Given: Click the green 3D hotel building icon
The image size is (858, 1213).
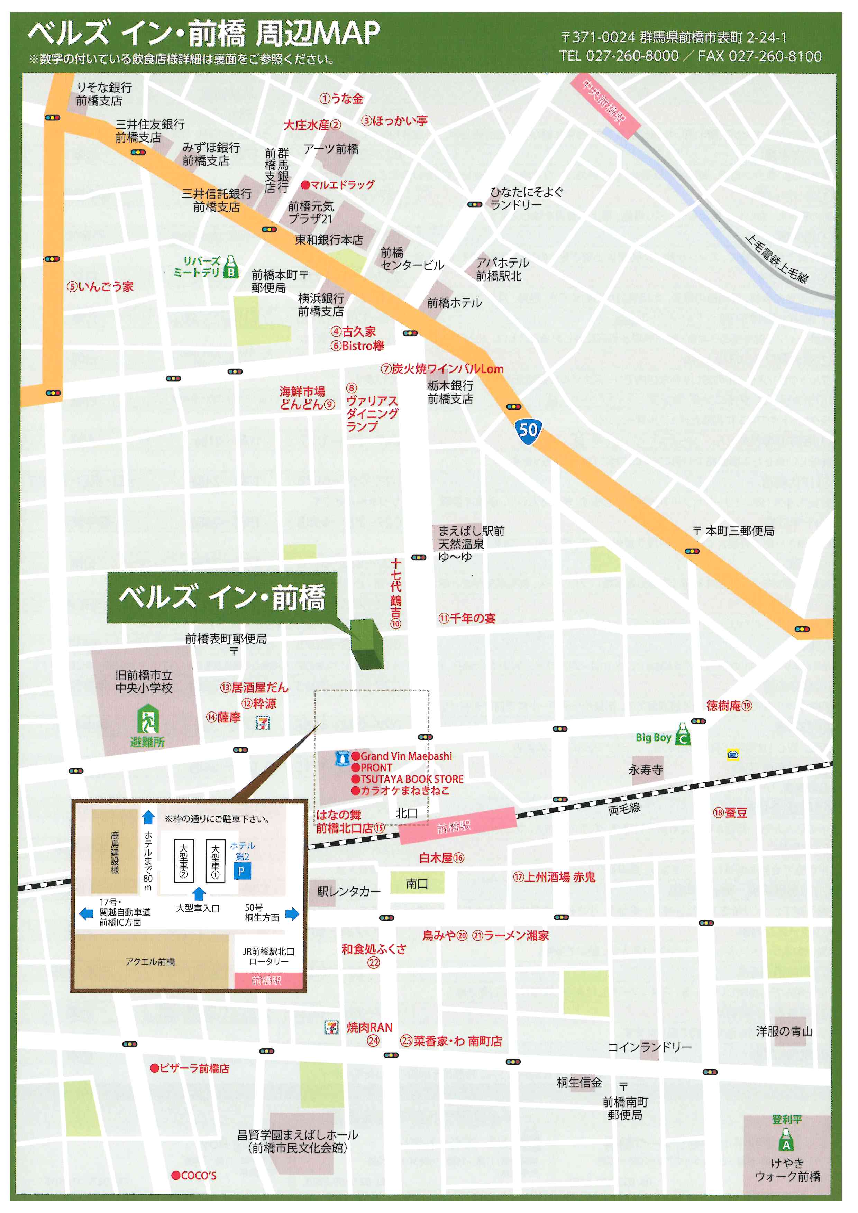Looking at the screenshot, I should (x=367, y=643).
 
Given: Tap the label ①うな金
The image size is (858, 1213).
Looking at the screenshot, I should (x=341, y=99).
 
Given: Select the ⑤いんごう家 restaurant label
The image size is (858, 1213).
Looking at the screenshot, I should (x=100, y=287).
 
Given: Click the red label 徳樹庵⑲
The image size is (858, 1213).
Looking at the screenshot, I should (x=729, y=706).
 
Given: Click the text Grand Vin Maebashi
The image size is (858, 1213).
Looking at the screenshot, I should (x=406, y=756).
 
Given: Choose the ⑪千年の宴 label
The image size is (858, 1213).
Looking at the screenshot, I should (x=467, y=618).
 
